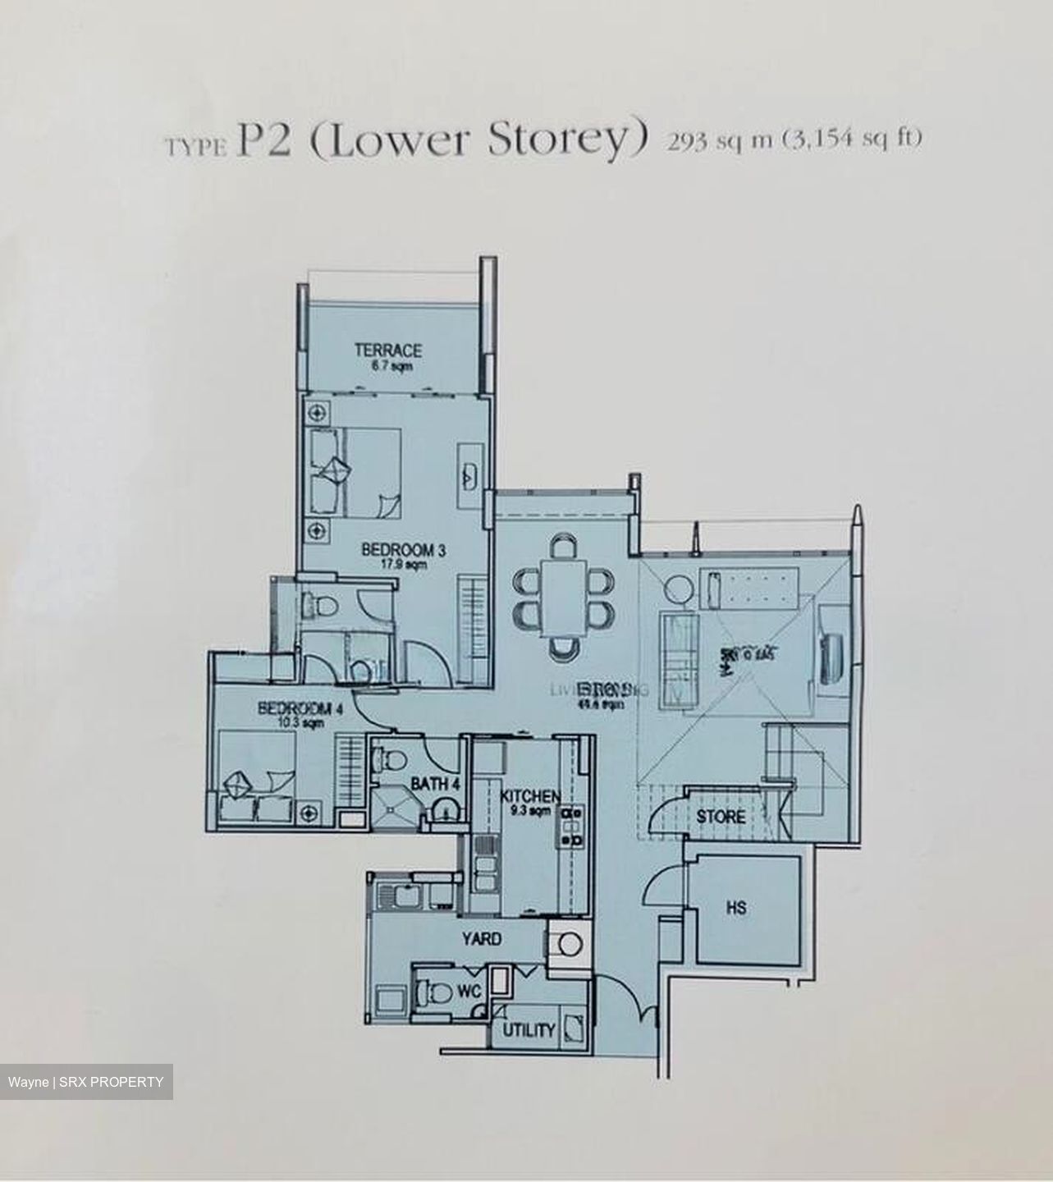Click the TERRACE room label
388,350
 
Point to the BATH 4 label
434,784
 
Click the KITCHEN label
530,796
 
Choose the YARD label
481,938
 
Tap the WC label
469,992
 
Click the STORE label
721,817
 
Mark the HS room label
736,908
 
